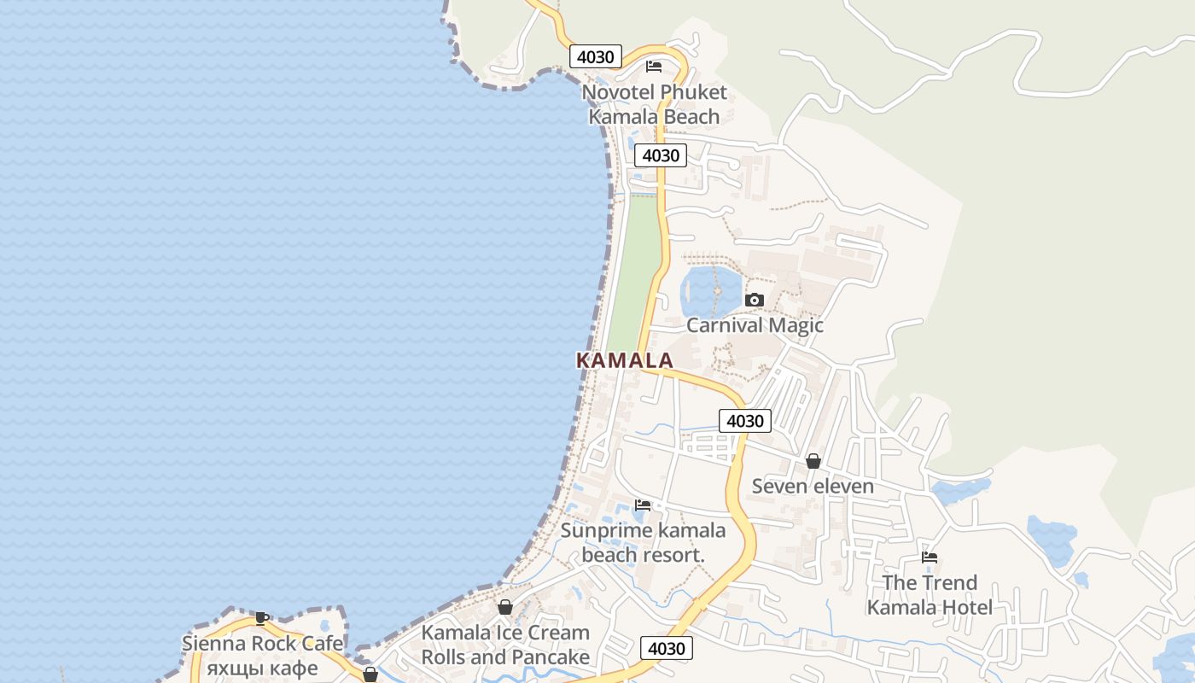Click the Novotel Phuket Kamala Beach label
point(654,104)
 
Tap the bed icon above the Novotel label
point(654,66)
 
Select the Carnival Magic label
point(755,325)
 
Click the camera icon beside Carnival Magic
point(754,300)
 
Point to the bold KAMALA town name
point(625,360)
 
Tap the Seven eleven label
point(813,487)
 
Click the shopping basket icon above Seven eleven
point(813,461)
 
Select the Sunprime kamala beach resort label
point(643,542)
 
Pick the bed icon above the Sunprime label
point(643,505)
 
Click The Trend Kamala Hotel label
point(930,595)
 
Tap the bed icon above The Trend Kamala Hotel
point(930,557)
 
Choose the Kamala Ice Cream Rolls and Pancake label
point(505,645)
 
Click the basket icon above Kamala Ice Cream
point(505,607)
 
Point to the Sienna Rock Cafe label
point(262,644)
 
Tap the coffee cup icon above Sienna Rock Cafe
point(262,618)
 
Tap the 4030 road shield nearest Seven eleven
point(744,421)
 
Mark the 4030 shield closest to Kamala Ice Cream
point(666,649)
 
